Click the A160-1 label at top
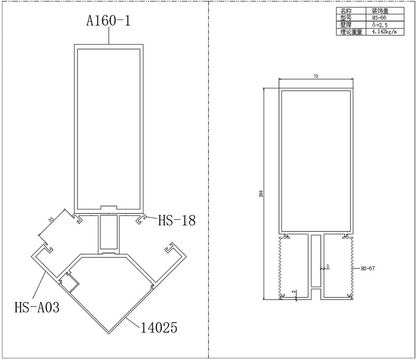pyautogui.click(x=108, y=20)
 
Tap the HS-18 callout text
pyautogui.click(x=177, y=221)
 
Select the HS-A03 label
pyautogui.click(x=37, y=307)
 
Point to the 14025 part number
pyautogui.click(x=159, y=328)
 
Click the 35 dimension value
pyautogui.click(x=51, y=219)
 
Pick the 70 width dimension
pyautogui.click(x=316, y=76)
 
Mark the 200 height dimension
pyautogui.click(x=261, y=193)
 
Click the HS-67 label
pyautogui.click(x=368, y=268)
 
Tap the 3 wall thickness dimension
pyautogui.click(x=328, y=266)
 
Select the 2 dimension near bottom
pyautogui.click(x=294, y=291)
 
